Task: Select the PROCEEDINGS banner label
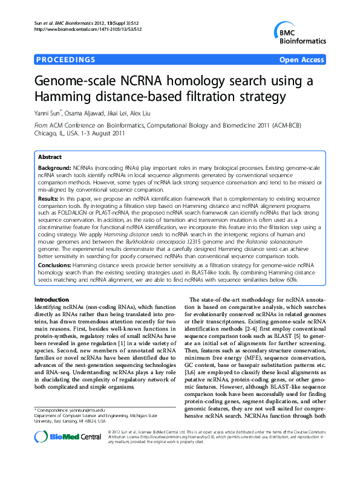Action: click(x=65, y=60)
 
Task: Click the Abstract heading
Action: click(x=50, y=157)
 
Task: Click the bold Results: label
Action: click(x=48, y=198)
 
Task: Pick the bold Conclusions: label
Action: click(x=55, y=264)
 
